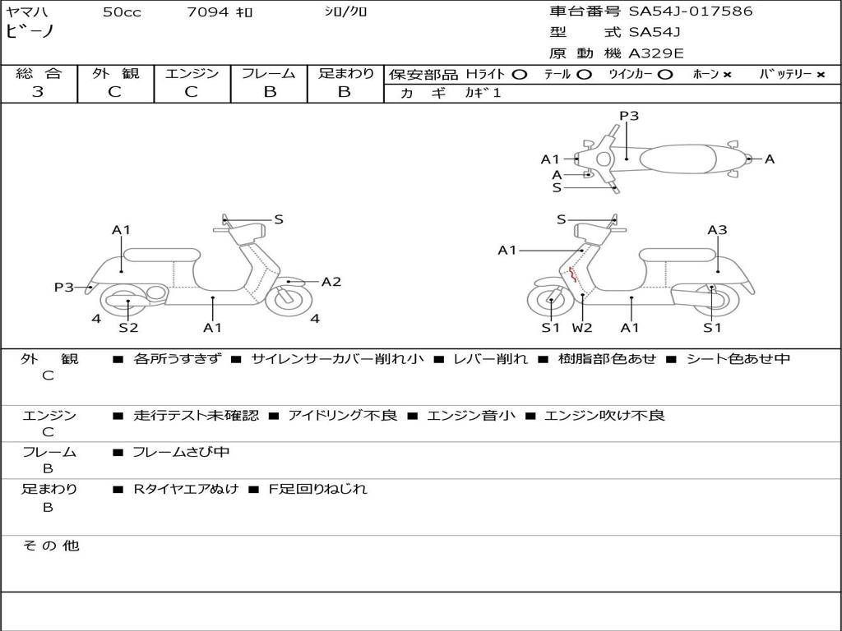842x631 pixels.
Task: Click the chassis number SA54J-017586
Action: click(691, 12)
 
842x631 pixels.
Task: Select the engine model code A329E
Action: click(655, 53)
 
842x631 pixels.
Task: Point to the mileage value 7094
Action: click(209, 12)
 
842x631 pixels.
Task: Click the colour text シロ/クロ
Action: click(345, 12)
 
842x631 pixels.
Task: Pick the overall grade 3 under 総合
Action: click(38, 92)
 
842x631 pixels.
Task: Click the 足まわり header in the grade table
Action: click(345, 74)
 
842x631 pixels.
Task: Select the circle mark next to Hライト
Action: click(520, 74)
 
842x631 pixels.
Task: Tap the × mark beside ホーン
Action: click(727, 75)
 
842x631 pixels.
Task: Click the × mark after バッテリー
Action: click(820, 75)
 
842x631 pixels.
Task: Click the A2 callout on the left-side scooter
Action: click(331, 282)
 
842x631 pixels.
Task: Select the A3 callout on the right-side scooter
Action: click(717, 230)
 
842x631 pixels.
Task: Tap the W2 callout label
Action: click(582, 327)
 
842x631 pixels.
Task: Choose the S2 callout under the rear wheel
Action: click(128, 327)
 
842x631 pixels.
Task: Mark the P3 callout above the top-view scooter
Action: click(629, 116)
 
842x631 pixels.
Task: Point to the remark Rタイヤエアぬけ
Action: click(186, 489)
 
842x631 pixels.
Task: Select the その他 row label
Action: click(50, 546)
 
